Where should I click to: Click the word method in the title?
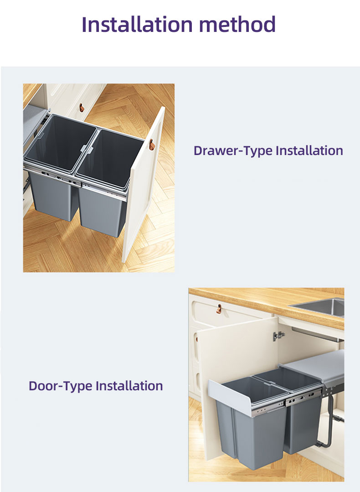(237, 24)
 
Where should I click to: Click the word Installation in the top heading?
(137, 24)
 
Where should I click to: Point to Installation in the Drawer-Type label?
(309, 150)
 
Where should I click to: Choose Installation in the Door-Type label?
(129, 386)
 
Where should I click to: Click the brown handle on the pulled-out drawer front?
(152, 145)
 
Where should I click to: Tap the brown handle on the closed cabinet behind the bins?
(82, 108)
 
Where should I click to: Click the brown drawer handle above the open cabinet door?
(219, 309)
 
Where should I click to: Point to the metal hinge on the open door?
(278, 336)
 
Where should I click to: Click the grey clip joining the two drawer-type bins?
(87, 150)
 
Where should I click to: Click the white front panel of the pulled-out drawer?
(143, 185)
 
